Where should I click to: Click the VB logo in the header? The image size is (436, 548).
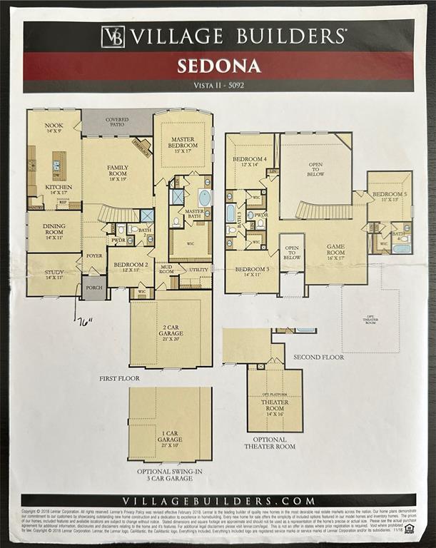point(113,36)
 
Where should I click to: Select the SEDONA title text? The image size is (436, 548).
point(218,66)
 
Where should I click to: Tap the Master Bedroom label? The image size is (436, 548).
point(183,144)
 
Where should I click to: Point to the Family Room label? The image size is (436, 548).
point(118,173)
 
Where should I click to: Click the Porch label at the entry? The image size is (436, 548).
point(93,289)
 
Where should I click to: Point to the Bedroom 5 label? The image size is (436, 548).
point(389,197)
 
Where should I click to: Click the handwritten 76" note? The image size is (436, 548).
point(86,322)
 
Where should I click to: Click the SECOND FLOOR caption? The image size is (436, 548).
point(318,357)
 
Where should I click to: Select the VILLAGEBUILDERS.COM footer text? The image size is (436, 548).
point(218,501)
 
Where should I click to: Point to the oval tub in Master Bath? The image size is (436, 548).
point(205,198)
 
